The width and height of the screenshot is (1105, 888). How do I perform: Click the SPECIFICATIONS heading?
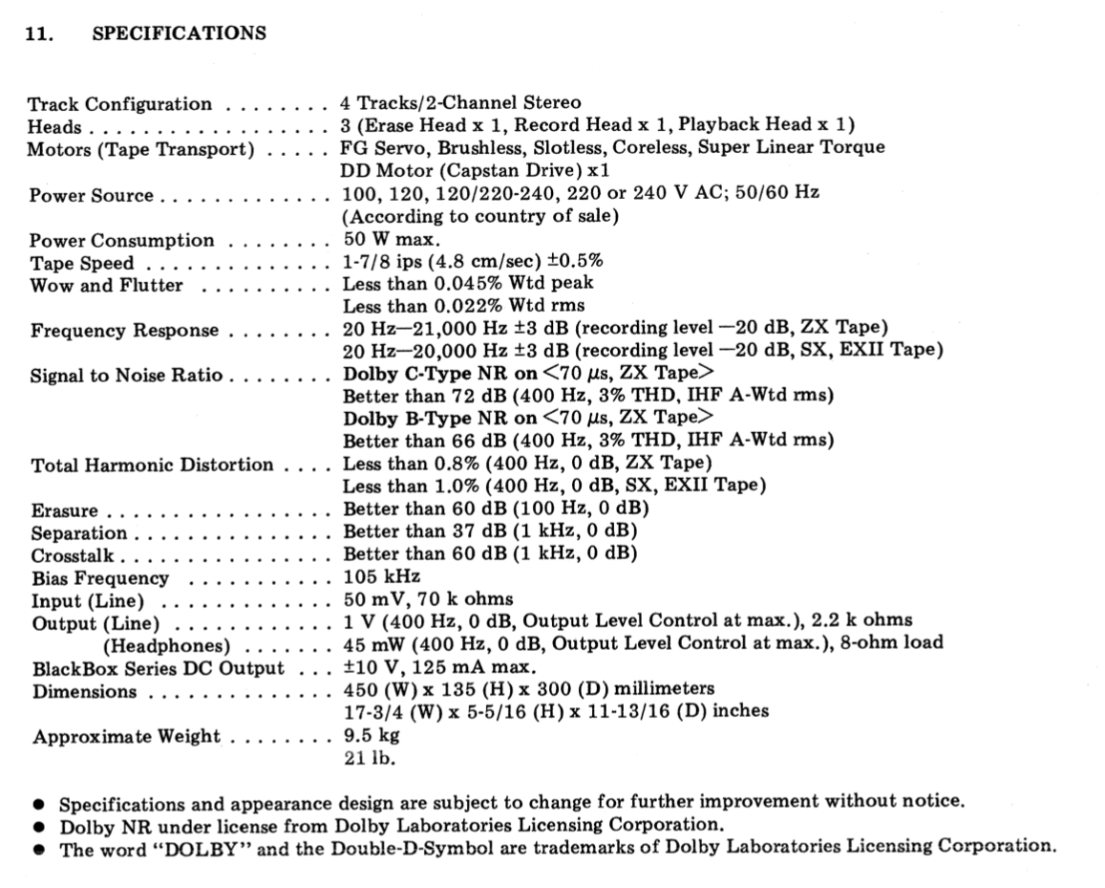179,33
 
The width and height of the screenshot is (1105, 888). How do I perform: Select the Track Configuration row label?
119,104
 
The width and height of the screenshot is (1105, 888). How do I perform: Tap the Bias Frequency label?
99,578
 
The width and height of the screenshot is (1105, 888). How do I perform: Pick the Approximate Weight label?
125,737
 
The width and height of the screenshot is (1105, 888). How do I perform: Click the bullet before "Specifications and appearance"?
39,804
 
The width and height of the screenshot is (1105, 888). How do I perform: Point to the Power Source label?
91,195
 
